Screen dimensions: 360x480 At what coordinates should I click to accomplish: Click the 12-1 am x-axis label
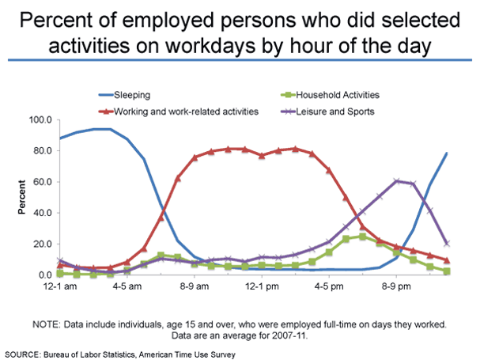62,287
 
